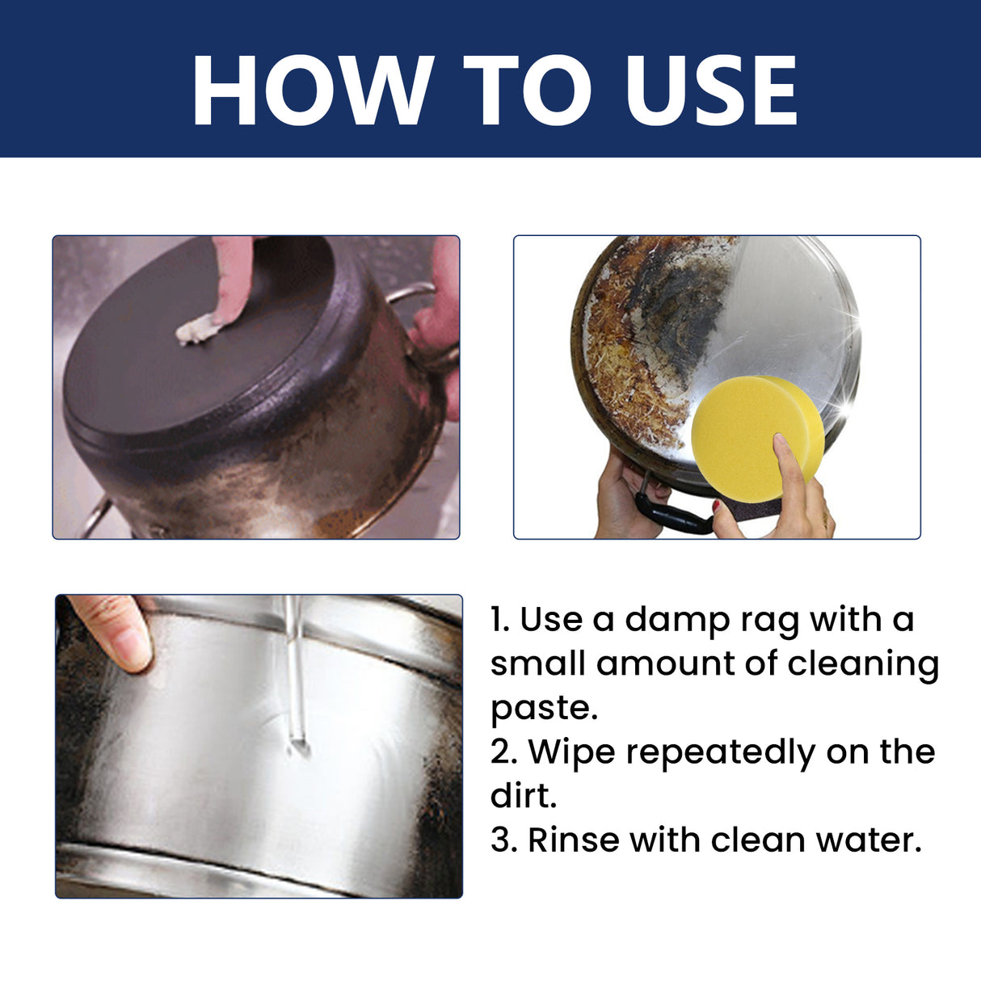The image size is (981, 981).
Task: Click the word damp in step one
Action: click(676, 621)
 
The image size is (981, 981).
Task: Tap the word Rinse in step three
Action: click(573, 840)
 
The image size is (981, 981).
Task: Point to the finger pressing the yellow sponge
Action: click(788, 465)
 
